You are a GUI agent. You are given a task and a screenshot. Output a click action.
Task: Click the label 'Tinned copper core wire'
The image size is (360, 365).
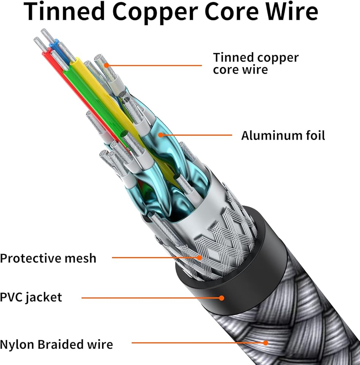[255, 63]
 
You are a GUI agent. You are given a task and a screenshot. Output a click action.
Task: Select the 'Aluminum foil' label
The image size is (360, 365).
[283, 135]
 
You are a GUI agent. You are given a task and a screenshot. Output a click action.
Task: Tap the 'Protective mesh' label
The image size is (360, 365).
[48, 258]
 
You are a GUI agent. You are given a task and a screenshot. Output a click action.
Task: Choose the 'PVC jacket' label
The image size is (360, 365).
[31, 297]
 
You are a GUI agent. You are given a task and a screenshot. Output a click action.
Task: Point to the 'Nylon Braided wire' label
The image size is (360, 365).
[57, 344]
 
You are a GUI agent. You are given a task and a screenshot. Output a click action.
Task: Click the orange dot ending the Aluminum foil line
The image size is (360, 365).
[160, 135]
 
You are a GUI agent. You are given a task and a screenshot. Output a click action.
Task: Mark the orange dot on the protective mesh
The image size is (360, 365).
[200, 257]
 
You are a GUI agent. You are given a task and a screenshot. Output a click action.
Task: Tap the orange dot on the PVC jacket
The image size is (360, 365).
[221, 298]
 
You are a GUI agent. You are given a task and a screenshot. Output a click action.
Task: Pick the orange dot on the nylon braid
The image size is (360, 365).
[266, 343]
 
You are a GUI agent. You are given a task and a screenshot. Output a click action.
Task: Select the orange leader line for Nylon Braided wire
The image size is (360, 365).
[197, 343]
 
